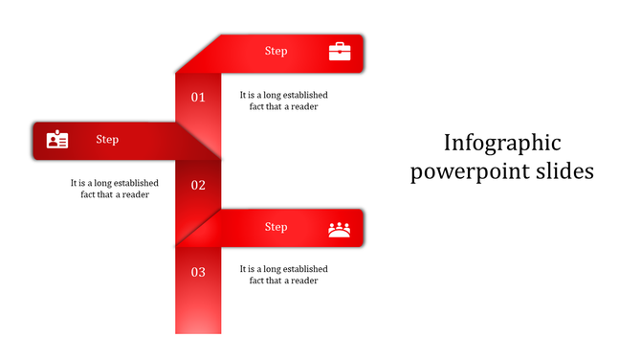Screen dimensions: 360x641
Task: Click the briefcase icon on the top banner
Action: [340, 52]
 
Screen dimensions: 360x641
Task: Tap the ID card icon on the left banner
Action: [57, 140]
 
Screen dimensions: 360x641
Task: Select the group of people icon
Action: [340, 228]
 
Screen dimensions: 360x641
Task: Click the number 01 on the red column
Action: [198, 97]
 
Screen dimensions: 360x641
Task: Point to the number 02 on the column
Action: [198, 185]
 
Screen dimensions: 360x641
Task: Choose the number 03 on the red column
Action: [198, 272]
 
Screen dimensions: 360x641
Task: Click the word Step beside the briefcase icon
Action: [276, 52]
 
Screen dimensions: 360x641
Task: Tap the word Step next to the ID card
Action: [107, 140]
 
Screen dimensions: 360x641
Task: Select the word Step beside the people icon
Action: [276, 228]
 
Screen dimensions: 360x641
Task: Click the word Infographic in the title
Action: [502, 144]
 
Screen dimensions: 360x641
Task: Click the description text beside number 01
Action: [283, 101]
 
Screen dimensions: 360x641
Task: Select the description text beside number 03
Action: [283, 275]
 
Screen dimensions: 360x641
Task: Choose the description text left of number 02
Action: [114, 189]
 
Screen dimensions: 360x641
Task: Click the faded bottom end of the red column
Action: [198, 321]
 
